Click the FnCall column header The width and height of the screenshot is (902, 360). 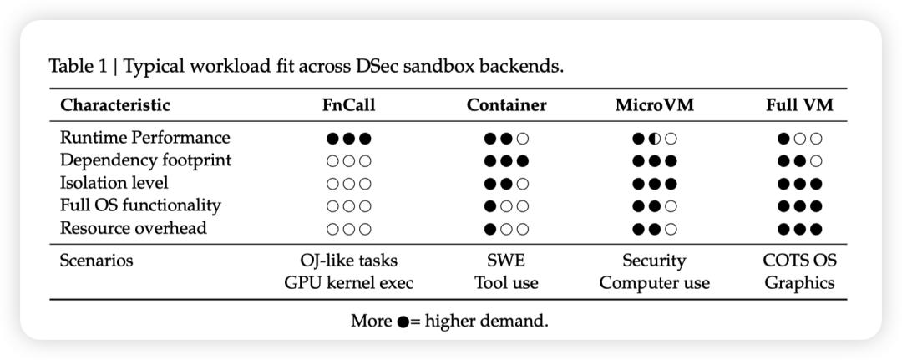tap(348, 105)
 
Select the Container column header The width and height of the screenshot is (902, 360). tap(506, 105)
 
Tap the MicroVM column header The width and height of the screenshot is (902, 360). tap(654, 105)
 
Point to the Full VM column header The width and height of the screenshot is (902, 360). tap(799, 105)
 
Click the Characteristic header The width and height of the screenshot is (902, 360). tap(115, 105)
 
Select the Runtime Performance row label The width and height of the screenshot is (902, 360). tap(145, 138)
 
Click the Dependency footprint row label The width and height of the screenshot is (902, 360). tap(145, 160)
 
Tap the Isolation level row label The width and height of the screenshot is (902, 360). tap(114, 183)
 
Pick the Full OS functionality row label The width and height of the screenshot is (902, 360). tap(140, 205)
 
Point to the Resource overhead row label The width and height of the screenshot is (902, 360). tap(134, 228)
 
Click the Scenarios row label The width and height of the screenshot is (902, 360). tap(97, 261)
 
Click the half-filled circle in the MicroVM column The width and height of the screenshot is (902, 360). tap(654, 139)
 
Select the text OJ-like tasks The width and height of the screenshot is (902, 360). tap(348, 261)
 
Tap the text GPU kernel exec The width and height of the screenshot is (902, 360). tap(348, 283)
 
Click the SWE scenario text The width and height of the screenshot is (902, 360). tap(506, 261)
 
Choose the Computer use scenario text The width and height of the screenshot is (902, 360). tap(654, 283)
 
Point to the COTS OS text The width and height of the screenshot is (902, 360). tap(799, 261)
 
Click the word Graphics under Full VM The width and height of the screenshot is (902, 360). tap(799, 283)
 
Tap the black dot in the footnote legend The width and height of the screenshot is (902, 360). tap(403, 322)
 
